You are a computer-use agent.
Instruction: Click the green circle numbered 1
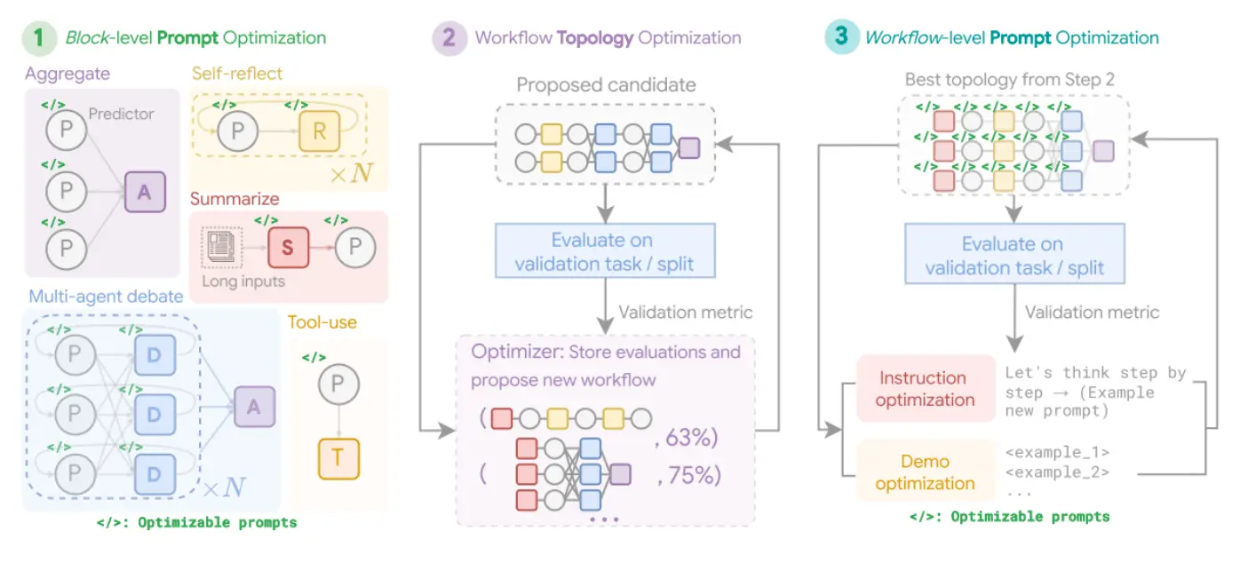(38, 37)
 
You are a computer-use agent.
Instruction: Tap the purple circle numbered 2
(449, 37)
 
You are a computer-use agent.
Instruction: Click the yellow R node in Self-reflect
(320, 133)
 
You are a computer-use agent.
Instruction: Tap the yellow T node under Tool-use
(338, 458)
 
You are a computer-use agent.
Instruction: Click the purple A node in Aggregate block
(145, 192)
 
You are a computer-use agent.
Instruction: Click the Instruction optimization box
(924, 388)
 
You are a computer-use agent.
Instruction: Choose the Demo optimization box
(924, 472)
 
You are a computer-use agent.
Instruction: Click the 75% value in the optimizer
(687, 475)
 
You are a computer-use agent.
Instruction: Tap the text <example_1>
(1057, 452)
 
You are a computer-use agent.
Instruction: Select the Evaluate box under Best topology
(1014, 256)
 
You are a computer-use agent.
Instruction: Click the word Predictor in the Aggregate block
(121, 114)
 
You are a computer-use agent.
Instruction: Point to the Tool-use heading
(322, 321)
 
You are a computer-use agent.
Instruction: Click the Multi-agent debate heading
(105, 296)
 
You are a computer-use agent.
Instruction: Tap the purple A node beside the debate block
(254, 408)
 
